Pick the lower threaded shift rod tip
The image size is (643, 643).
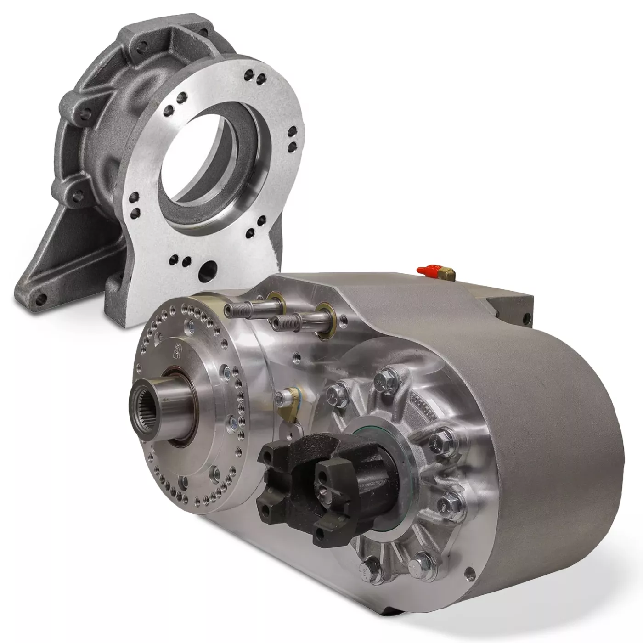click(x=277, y=323)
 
